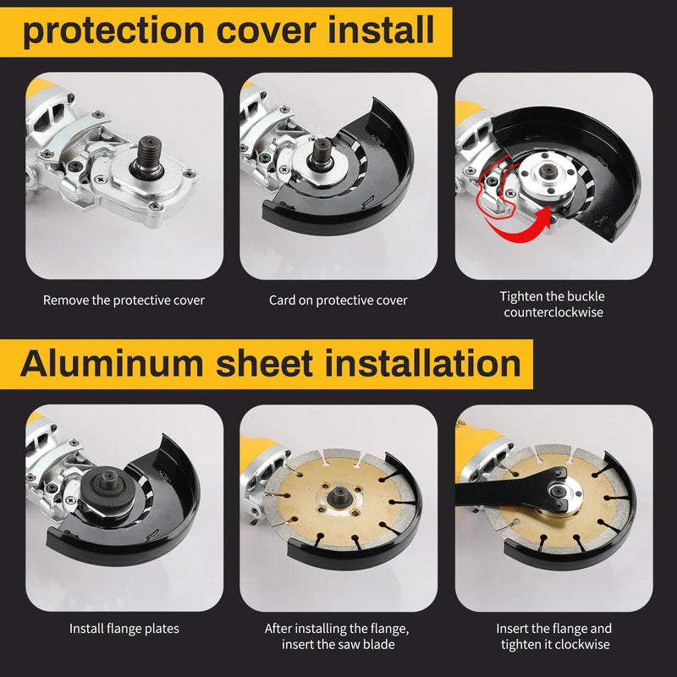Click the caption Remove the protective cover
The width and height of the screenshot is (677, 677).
pyautogui.click(x=124, y=300)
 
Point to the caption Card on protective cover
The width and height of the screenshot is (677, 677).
pyautogui.click(x=338, y=300)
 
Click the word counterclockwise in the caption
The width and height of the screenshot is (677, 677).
pyautogui.click(x=552, y=312)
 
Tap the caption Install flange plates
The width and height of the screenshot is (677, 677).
pyautogui.click(x=124, y=629)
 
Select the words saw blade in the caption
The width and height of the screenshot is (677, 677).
pyautogui.click(x=366, y=645)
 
